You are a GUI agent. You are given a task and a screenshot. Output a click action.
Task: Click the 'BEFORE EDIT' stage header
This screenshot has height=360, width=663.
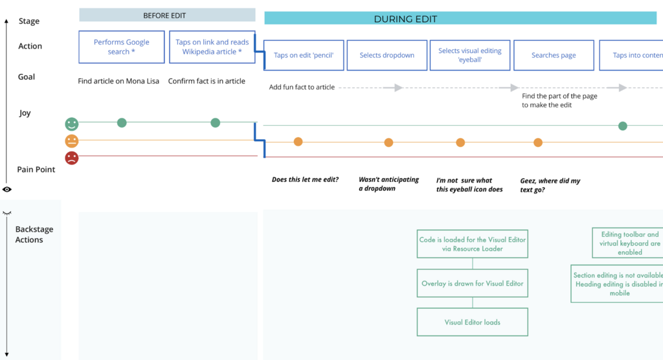click(x=167, y=16)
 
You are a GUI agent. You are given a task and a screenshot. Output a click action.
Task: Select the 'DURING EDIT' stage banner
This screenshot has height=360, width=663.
click(x=460, y=19)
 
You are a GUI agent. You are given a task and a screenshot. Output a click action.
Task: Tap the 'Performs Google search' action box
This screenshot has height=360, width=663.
click(x=121, y=47)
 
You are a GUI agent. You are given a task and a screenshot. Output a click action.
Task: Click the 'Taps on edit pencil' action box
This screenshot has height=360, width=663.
click(x=304, y=56)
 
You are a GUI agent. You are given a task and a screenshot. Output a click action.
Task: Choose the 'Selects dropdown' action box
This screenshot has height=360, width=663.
click(x=387, y=56)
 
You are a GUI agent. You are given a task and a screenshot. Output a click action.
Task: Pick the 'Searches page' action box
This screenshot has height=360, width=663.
click(x=554, y=56)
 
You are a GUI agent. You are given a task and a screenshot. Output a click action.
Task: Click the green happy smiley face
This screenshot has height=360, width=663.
click(x=71, y=124)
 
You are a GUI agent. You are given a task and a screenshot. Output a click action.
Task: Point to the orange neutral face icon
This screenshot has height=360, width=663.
click(x=71, y=141)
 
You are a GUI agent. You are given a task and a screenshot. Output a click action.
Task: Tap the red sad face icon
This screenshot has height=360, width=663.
click(x=71, y=158)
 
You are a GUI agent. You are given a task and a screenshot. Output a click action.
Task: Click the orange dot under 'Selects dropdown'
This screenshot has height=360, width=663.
click(x=388, y=142)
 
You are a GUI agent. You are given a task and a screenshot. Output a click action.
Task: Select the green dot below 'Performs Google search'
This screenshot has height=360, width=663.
click(x=122, y=122)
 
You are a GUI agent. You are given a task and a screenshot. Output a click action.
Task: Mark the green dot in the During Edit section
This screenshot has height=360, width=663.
click(x=622, y=126)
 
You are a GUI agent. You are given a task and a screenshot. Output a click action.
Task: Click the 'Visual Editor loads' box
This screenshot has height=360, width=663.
click(x=472, y=322)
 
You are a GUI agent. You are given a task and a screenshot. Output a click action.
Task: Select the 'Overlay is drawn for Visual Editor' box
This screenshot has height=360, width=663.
click(x=472, y=283)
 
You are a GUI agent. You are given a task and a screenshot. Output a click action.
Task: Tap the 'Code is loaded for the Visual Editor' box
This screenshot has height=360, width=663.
click(x=472, y=243)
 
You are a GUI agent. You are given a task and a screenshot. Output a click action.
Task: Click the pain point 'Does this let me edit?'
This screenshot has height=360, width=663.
click(x=306, y=179)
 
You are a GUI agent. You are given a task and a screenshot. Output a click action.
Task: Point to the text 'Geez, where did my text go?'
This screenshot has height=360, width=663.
click(x=550, y=185)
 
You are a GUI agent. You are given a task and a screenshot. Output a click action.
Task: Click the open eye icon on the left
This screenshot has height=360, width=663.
click(x=6, y=190)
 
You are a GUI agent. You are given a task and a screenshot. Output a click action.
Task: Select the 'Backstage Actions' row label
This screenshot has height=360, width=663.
click(x=34, y=234)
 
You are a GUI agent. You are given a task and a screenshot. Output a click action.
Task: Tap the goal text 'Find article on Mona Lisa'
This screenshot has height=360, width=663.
click(x=118, y=81)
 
